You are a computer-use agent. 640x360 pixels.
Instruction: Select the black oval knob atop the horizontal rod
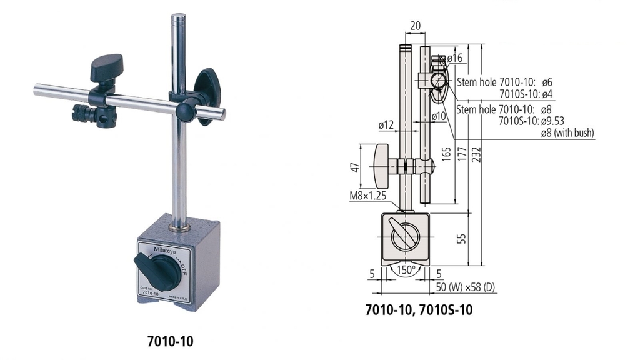click(106, 66)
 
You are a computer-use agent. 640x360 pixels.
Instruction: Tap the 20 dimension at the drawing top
click(415, 26)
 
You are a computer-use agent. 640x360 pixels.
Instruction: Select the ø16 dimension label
click(455, 58)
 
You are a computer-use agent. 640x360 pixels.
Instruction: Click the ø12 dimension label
click(386, 126)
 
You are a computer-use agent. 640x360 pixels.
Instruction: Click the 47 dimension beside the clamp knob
click(353, 167)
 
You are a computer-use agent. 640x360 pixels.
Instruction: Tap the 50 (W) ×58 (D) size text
click(466, 289)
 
